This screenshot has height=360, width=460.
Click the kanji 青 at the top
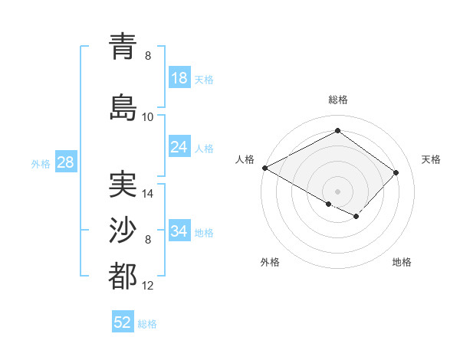(x=123, y=46)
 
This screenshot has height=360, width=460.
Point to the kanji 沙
(x=123, y=229)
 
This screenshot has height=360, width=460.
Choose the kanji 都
(x=123, y=276)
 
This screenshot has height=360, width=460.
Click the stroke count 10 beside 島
(x=148, y=116)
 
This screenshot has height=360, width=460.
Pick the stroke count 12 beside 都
(x=148, y=286)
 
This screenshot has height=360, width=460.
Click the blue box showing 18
(x=179, y=77)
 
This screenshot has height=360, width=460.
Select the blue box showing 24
(x=179, y=147)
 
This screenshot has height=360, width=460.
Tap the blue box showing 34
(x=179, y=231)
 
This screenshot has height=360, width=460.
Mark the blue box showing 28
(x=64, y=162)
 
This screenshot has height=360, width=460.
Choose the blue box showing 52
(x=123, y=322)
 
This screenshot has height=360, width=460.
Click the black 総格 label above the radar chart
(x=337, y=100)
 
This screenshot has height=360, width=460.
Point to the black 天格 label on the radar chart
(x=432, y=159)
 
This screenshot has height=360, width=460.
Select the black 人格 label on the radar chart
(x=245, y=159)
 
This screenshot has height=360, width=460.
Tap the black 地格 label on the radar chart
(x=402, y=262)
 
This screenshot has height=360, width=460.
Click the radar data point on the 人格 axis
(x=264, y=168)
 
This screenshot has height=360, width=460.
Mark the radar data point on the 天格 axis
(x=396, y=172)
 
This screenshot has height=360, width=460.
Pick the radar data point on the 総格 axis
(x=337, y=131)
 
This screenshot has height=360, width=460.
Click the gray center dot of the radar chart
(x=337, y=191)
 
